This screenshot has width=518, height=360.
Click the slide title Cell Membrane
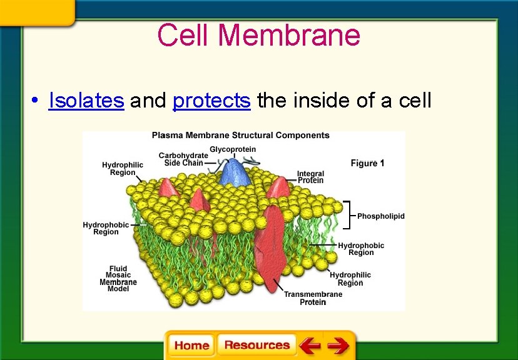[x=258, y=35]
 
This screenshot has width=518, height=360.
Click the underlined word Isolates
[x=86, y=100]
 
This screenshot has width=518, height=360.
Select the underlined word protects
[x=211, y=100]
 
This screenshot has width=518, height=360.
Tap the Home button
[x=191, y=346]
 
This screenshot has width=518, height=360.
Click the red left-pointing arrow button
[x=309, y=346]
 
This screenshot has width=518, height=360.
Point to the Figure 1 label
[x=368, y=163]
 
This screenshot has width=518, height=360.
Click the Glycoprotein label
[x=232, y=149]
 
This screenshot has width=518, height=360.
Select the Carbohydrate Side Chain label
[x=183, y=159]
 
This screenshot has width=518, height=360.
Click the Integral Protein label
[x=310, y=177]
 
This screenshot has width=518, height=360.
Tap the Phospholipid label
[x=380, y=216]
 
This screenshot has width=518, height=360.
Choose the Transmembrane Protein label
[x=313, y=298]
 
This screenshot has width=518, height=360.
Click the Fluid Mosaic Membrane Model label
[x=118, y=279]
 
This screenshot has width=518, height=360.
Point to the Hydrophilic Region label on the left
[x=123, y=169]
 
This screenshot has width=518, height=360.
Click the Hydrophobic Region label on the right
[x=361, y=249]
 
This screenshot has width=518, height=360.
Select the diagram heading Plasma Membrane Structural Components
[x=240, y=136]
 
